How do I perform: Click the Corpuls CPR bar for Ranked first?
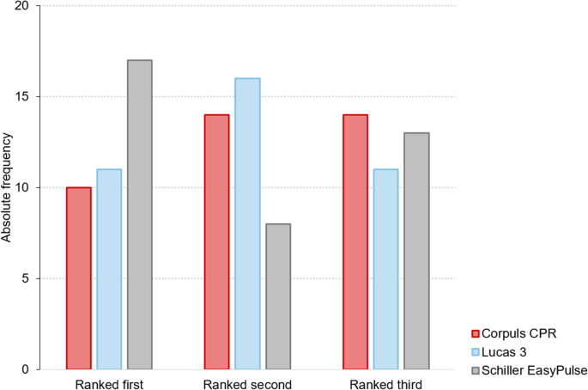click(x=78, y=278)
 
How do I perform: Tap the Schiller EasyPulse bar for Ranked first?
click(x=140, y=215)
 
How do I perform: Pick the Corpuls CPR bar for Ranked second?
click(x=216, y=242)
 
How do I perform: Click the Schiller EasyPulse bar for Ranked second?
click(x=278, y=296)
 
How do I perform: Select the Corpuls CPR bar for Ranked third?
click(x=355, y=242)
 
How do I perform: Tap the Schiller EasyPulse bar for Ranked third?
click(x=416, y=251)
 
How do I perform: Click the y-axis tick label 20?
click(x=21, y=6)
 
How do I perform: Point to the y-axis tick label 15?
click(x=21, y=97)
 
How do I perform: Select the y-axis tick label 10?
click(x=21, y=188)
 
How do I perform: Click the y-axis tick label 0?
click(x=25, y=369)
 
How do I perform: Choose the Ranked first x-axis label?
click(x=109, y=382)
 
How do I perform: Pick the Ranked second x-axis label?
click(x=247, y=382)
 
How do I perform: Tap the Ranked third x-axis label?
click(x=385, y=382)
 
